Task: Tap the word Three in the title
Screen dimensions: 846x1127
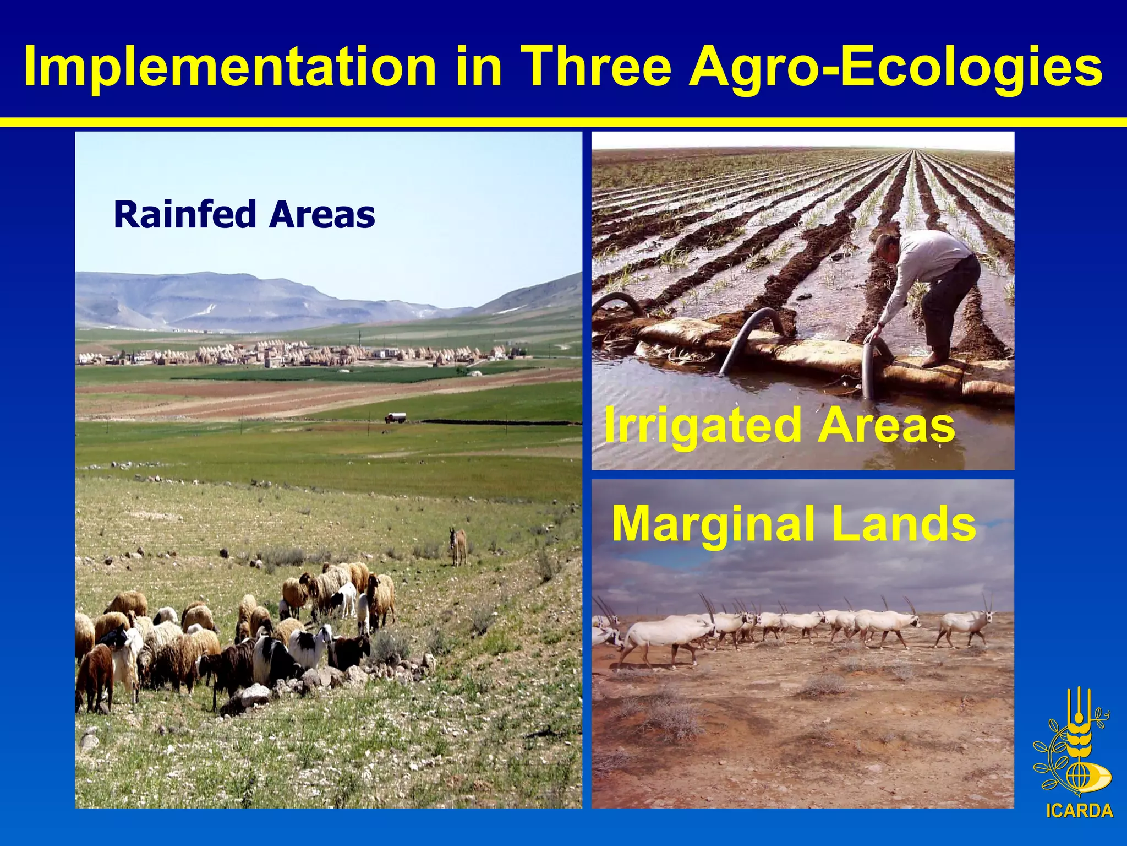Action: coord(598,67)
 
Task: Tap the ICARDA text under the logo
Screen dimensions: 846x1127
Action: coord(1079,811)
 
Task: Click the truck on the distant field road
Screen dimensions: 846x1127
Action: coord(395,418)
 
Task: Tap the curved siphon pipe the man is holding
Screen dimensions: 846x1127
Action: coord(868,364)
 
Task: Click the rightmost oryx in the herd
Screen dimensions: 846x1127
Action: coord(966,624)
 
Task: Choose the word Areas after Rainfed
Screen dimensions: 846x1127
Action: coord(322,214)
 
